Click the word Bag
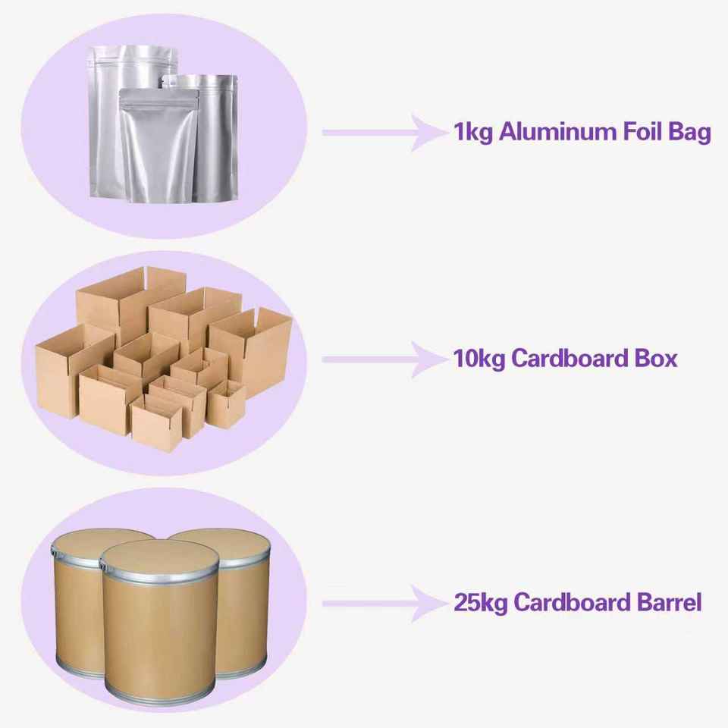click(689, 133)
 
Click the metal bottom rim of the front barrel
click(160, 692)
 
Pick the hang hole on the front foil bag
click(158, 95)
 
